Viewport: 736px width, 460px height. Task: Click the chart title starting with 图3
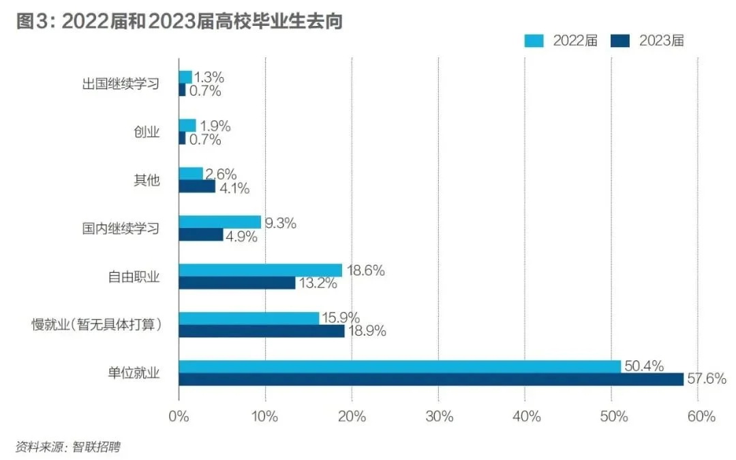179,21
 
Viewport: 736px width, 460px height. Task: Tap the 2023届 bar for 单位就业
431,379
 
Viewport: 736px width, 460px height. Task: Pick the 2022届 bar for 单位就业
400,366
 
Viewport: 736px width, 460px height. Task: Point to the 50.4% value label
644,366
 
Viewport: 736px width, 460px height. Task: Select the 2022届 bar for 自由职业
260,270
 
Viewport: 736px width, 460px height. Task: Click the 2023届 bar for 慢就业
262,331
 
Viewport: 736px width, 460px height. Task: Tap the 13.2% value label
318,283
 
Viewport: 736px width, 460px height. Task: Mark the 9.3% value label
279,222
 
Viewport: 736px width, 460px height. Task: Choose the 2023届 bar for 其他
197,186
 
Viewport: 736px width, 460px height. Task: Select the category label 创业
147,132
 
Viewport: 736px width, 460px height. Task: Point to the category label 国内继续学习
121,229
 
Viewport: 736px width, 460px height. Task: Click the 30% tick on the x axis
438,417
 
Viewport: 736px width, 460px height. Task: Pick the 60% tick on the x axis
698,417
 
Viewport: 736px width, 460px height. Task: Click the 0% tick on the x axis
179,417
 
